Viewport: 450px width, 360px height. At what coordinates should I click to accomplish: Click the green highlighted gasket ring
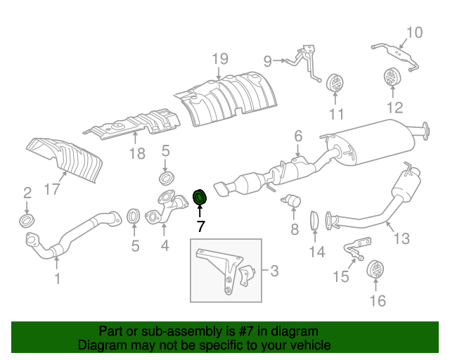tap(200, 198)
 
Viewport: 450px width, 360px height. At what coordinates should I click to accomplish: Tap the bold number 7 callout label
tap(200, 226)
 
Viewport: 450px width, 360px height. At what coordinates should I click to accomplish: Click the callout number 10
tap(414, 32)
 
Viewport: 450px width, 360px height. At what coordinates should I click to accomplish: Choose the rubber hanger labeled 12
tap(392, 79)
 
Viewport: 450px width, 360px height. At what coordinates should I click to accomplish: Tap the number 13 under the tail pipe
tap(401, 239)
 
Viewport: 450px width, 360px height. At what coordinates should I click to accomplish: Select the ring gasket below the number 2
tap(27, 221)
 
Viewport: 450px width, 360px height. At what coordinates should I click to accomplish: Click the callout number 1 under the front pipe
tap(57, 278)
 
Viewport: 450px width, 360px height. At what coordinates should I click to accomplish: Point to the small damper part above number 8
tap(292, 201)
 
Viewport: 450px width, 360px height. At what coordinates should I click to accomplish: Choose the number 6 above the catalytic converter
tap(297, 136)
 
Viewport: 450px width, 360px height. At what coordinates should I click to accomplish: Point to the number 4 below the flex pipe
tap(165, 245)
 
